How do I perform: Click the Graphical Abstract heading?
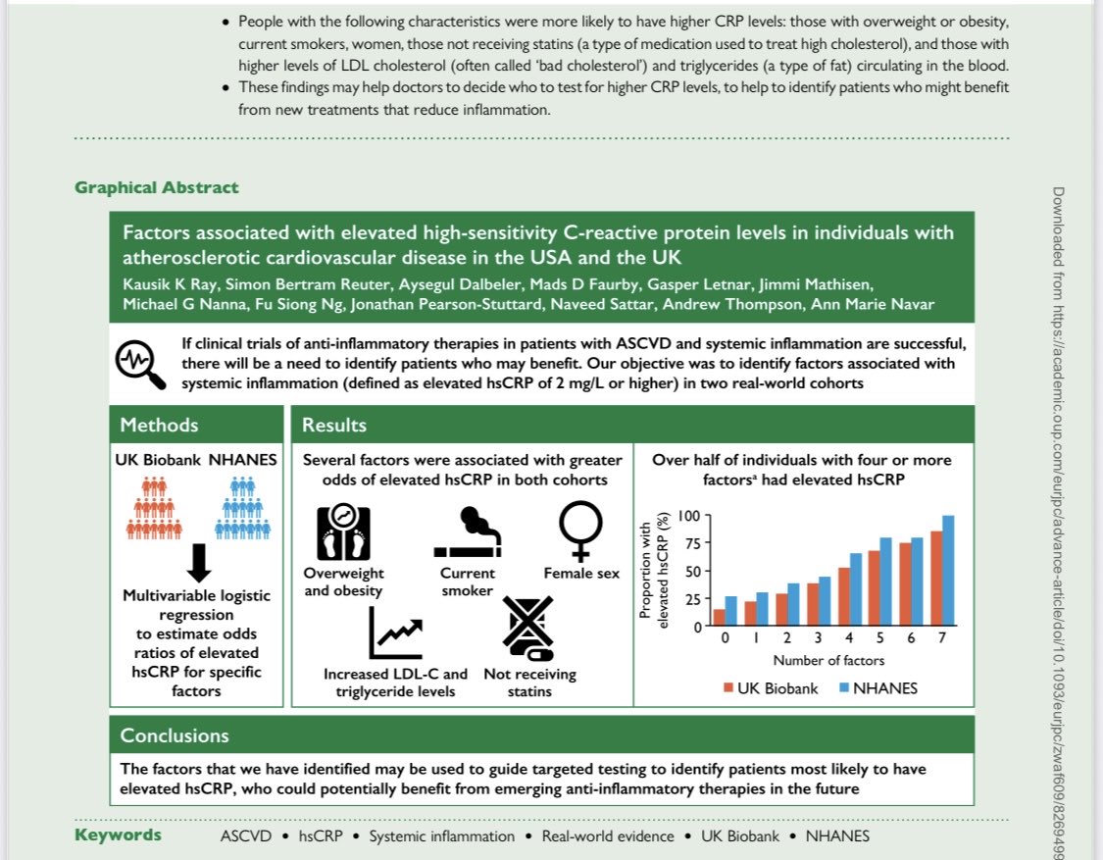coord(156,187)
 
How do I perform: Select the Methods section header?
coord(159,425)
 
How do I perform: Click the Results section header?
coord(334,425)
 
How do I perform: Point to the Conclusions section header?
coord(175,735)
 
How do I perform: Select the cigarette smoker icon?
coord(467,531)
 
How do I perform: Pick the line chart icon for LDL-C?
coord(395,633)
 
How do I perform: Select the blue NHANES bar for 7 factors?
coord(947,571)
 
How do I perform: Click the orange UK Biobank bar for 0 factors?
coord(720,618)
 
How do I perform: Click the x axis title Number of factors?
coord(828,660)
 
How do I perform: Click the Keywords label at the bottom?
coord(118,835)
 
